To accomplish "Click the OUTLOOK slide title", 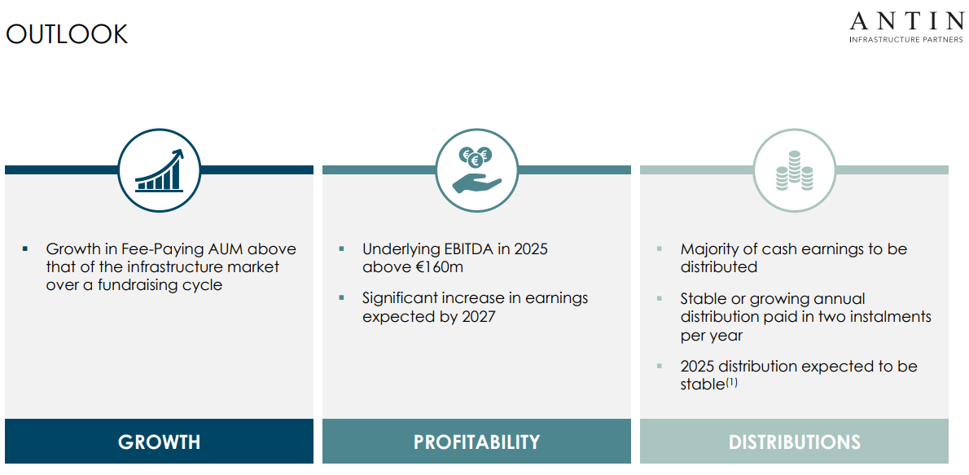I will [67, 34].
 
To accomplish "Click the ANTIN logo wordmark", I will [905, 21].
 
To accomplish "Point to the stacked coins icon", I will [794, 173].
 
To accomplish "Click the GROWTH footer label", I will [159, 442].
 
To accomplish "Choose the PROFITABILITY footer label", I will [476, 442].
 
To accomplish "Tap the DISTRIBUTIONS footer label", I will [794, 442].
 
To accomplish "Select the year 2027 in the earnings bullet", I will [478, 316].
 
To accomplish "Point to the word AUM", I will [226, 249].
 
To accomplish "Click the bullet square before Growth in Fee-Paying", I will [25, 248].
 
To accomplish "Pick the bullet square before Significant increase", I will [342, 297].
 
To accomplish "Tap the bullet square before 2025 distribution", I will [660, 366].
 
